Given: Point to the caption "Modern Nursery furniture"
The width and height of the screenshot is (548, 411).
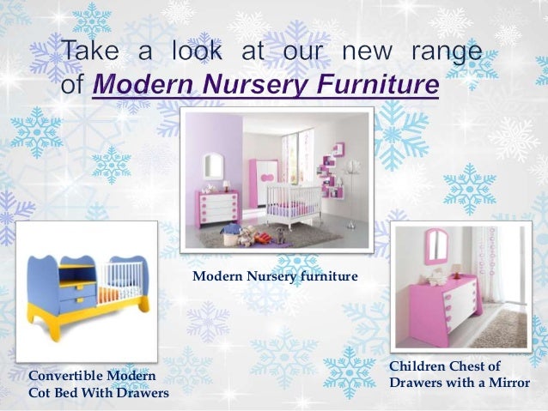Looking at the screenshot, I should (x=275, y=276).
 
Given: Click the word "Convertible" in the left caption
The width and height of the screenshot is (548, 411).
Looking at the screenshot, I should (x=65, y=377).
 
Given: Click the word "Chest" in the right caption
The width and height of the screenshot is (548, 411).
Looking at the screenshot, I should (x=477, y=366).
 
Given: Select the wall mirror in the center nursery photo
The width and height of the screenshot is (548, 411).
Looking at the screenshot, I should (x=213, y=166).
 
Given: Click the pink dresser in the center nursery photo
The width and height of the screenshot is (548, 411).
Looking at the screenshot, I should (x=216, y=207).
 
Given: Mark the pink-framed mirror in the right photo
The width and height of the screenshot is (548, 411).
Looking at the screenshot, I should (x=437, y=245).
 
